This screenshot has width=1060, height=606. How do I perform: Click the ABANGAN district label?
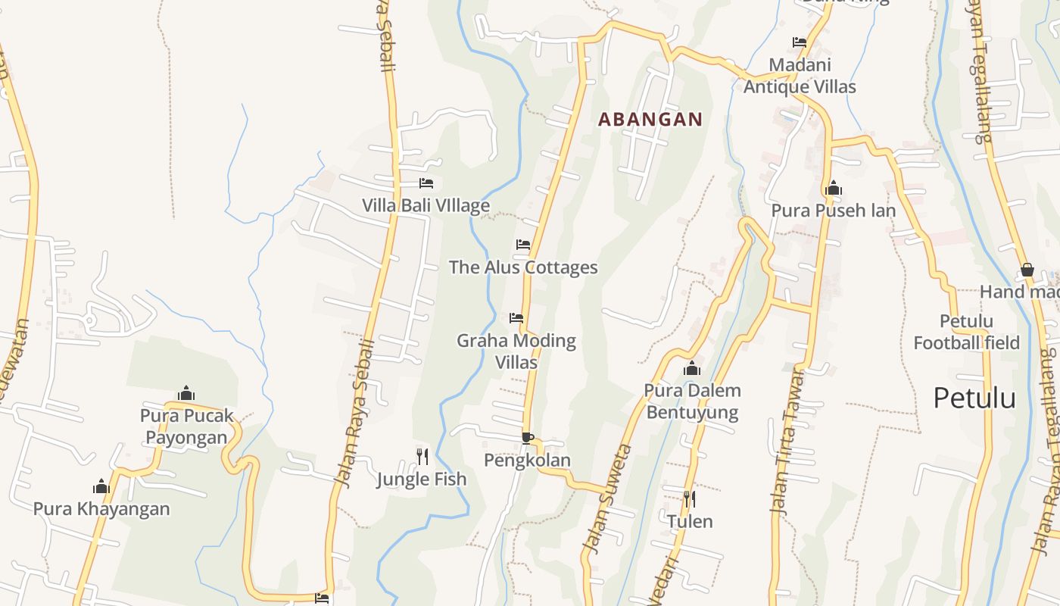pos(650,119)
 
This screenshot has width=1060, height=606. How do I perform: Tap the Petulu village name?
pos(974,398)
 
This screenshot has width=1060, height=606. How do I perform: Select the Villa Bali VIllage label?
pos(426,205)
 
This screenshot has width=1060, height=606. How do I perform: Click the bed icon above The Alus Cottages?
pos(523,245)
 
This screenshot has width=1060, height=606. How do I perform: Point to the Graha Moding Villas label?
pos(516,351)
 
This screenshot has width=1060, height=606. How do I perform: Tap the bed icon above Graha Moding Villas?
pos(516,318)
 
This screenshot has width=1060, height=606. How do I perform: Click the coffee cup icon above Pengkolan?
pos(528,438)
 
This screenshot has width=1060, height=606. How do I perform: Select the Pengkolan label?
pos(527,461)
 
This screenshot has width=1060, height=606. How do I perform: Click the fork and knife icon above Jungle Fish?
pos(422,456)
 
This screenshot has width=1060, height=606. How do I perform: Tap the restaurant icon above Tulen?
pos(690,498)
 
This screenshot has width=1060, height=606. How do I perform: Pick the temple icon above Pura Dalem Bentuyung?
pos(692,369)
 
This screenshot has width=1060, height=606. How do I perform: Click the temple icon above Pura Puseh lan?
pos(834,188)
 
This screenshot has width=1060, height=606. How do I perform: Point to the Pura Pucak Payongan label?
pos(186,426)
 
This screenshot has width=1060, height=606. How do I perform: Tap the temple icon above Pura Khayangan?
pos(101,486)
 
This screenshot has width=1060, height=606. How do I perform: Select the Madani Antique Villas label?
pos(800,76)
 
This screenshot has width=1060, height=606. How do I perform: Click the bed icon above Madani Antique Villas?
pos(800,42)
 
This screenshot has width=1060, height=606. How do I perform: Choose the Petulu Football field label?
pos(967,332)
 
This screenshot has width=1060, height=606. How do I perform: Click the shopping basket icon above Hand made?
pos(1027,270)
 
